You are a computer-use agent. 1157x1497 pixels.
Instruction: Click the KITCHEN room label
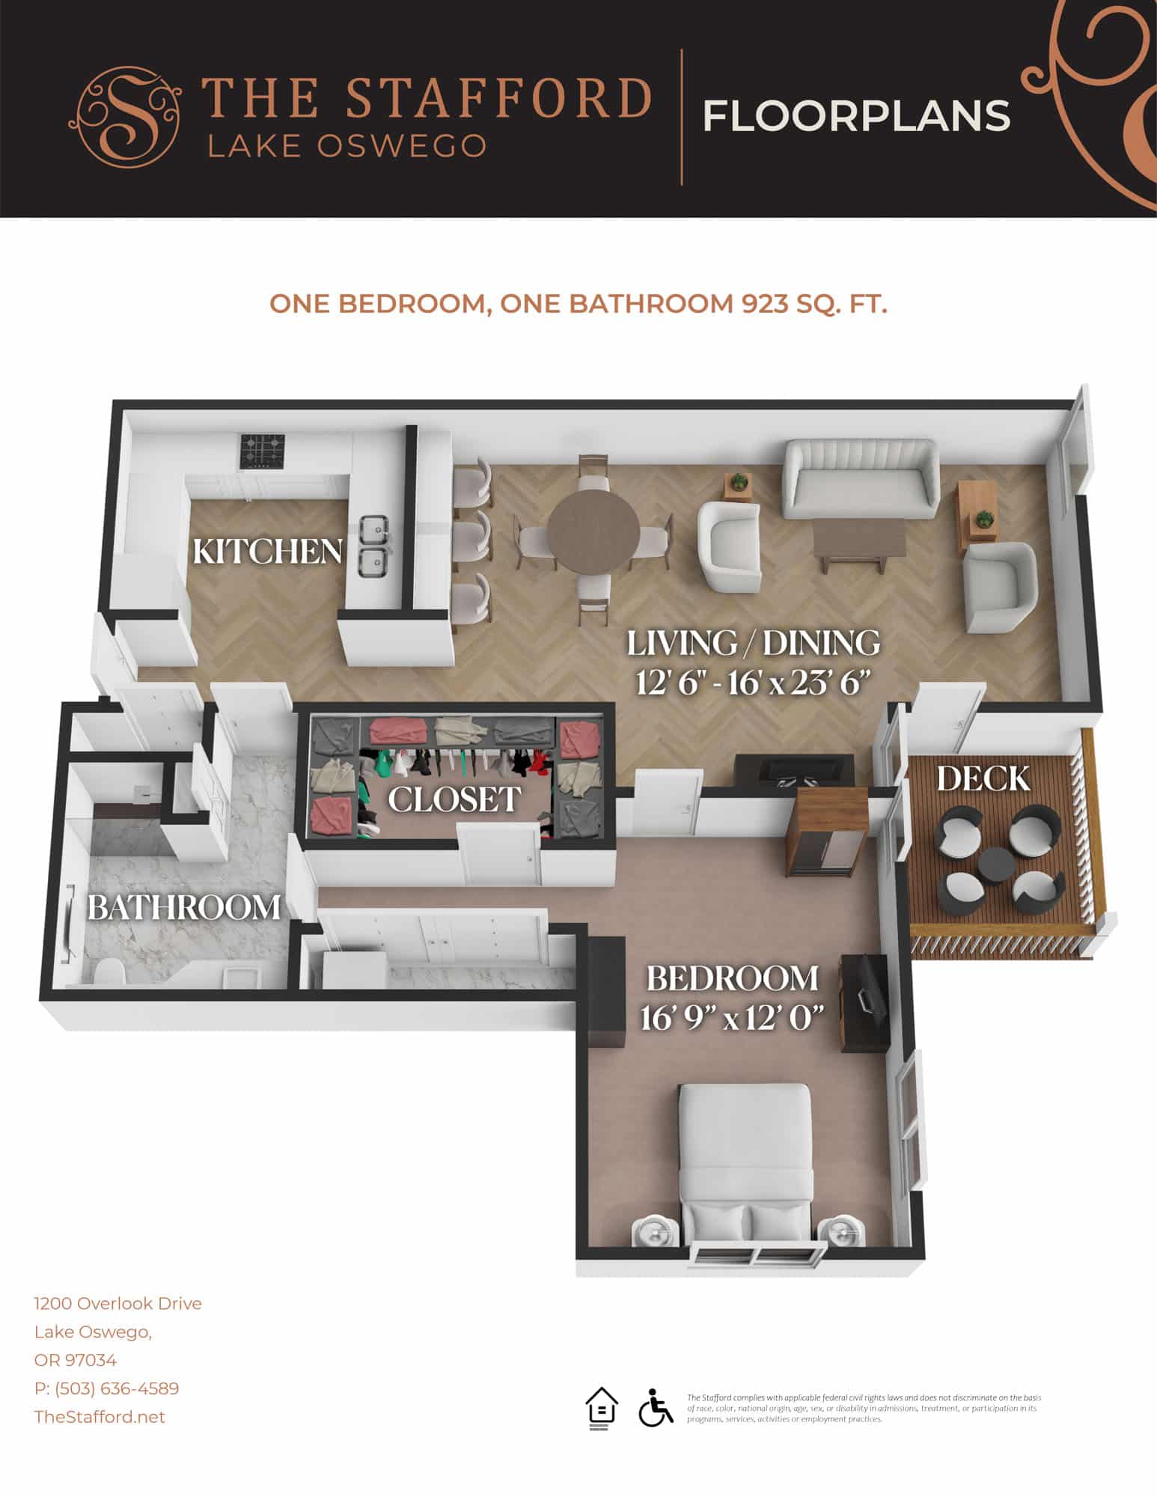[267, 552]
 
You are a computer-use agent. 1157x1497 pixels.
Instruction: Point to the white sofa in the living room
[859, 481]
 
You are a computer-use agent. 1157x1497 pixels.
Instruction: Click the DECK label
[983, 779]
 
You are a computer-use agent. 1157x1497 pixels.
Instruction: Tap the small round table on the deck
[998, 868]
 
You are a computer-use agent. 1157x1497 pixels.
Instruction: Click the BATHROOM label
[184, 908]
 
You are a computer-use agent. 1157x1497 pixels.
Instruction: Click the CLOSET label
[454, 799]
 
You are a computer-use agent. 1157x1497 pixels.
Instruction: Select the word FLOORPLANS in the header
[857, 116]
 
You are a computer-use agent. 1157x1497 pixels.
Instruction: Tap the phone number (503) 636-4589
[106, 1388]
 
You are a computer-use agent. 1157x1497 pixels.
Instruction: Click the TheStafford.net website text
[100, 1417]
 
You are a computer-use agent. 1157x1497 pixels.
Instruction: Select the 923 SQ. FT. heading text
[814, 304]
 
